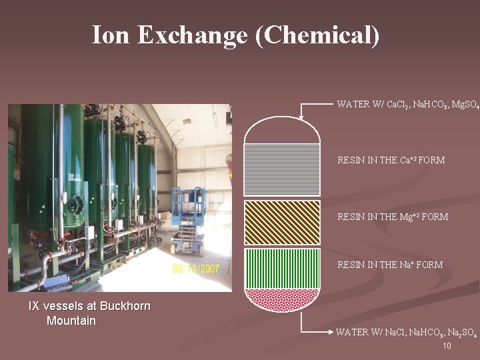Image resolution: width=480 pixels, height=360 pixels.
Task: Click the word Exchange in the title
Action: click(193, 35)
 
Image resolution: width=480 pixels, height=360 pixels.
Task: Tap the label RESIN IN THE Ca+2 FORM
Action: click(391, 160)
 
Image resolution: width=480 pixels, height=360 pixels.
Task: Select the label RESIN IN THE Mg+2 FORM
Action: click(393, 217)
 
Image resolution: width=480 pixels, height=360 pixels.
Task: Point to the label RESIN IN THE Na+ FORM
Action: click(390, 265)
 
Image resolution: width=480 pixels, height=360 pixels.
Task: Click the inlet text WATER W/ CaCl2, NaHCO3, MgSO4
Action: click(407, 105)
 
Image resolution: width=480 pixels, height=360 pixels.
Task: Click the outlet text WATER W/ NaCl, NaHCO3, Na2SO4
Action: click(406, 332)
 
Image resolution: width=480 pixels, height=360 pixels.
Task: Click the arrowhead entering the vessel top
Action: click(301, 117)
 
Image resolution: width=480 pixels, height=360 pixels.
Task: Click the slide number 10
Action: click(447, 346)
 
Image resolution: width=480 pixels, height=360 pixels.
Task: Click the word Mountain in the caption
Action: click(71, 321)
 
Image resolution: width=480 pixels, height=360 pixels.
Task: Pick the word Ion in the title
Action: click(108, 35)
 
